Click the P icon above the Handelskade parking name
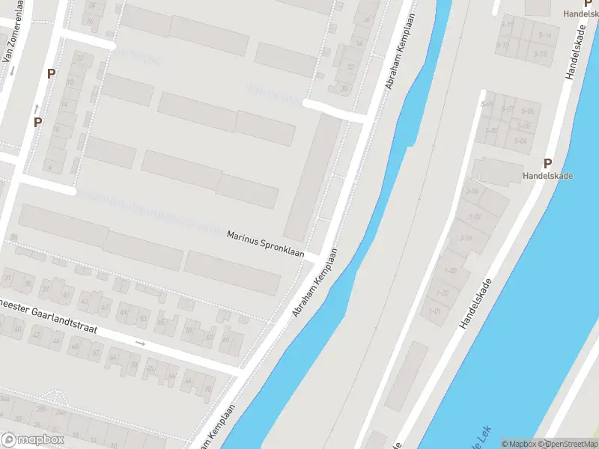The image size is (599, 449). tap(547, 163)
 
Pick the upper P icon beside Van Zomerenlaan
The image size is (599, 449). tap(51, 73)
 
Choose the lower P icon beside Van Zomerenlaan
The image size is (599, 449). tap(37, 122)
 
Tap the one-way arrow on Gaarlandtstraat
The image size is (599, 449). tap(140, 343)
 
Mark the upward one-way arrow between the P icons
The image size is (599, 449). tap(36, 109)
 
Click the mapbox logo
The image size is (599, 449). tap(31, 439)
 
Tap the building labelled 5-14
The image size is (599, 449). tap(544, 35)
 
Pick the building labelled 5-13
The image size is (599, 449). tap(541, 53)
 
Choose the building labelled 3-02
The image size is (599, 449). tap(475, 217)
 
